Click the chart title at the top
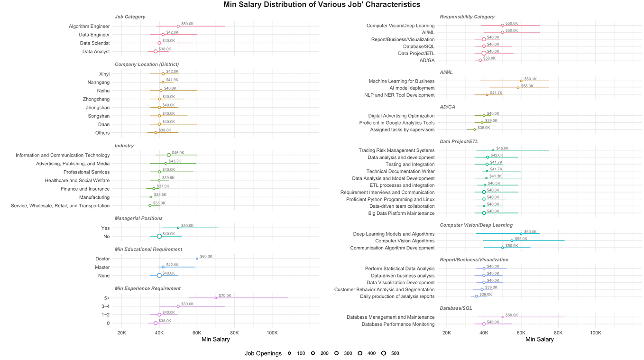(x=322, y=5)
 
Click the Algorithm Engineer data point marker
(x=178, y=26)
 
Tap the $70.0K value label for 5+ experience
(x=225, y=295)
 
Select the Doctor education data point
(x=197, y=258)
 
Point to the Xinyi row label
(x=104, y=74)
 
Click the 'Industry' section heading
(x=124, y=146)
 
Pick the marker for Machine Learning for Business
(x=521, y=81)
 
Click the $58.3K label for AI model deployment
(x=527, y=86)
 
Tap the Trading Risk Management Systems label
(x=396, y=150)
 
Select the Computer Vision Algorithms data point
(x=512, y=241)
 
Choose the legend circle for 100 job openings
(x=289, y=353)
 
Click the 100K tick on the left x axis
(x=272, y=332)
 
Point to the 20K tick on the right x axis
(x=446, y=332)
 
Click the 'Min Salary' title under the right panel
(x=540, y=340)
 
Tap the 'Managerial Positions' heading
(x=138, y=218)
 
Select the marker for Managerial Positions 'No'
(x=159, y=236)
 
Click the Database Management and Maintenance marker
(x=502, y=317)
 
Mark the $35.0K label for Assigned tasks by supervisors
(x=484, y=128)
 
